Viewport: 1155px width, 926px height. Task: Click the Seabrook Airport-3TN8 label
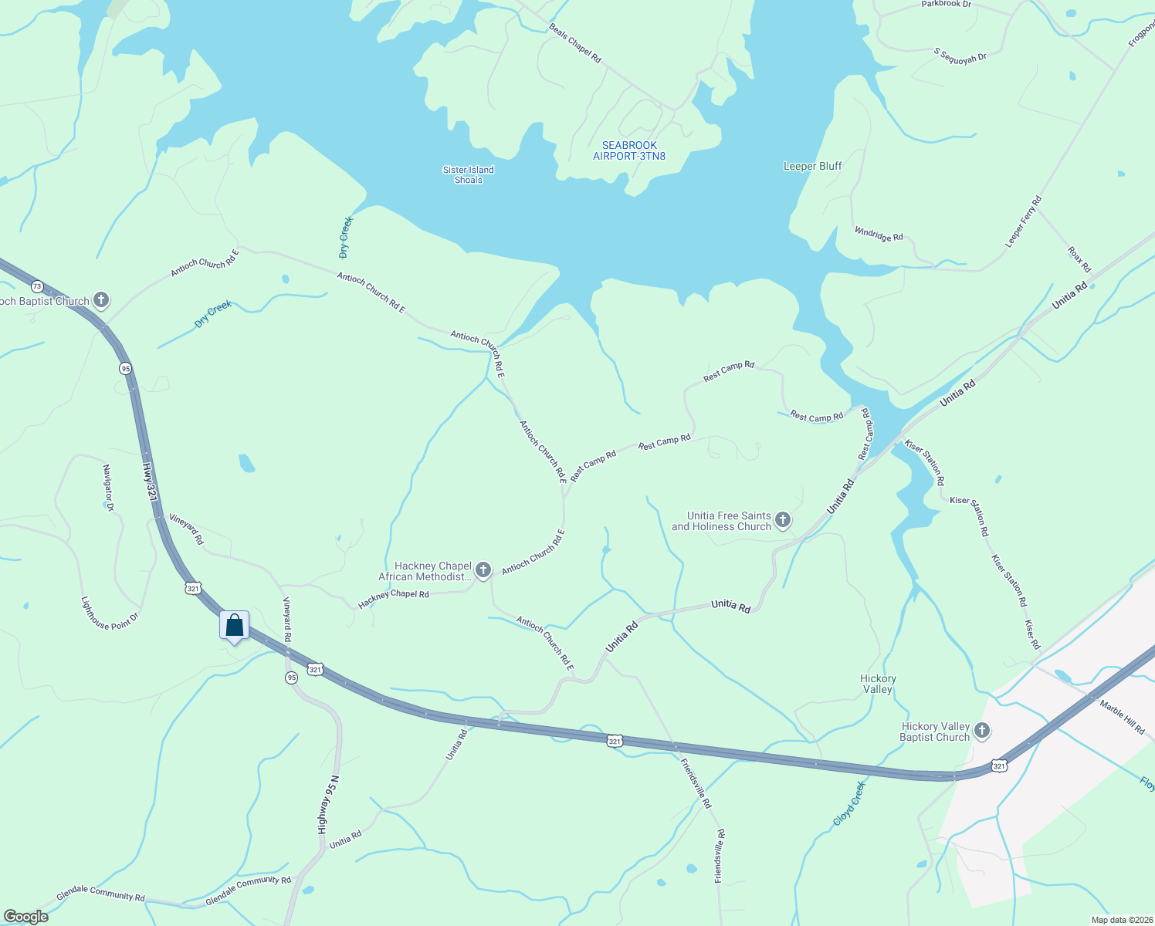[x=629, y=150]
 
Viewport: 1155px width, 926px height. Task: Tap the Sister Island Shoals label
[x=468, y=175]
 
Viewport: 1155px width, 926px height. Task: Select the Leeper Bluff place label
[x=812, y=166]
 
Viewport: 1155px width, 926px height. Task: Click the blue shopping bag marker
[x=234, y=625]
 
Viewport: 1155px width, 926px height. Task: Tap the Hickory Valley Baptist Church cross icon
[x=982, y=731]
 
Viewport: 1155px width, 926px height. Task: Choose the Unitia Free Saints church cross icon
[x=783, y=520]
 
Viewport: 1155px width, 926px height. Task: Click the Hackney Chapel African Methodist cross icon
[x=483, y=570]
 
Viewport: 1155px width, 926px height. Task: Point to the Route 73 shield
[x=37, y=287]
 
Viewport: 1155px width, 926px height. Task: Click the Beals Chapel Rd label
[x=575, y=42]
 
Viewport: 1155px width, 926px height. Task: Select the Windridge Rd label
[x=879, y=235]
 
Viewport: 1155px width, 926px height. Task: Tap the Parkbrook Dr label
[x=946, y=5]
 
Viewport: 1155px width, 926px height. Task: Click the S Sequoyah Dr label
[x=960, y=56]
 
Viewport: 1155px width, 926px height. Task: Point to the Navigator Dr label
[x=108, y=488]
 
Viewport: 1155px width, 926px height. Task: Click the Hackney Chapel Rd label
[x=394, y=599]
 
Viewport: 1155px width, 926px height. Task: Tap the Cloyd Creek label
[x=849, y=803]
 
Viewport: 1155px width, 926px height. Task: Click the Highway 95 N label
[x=328, y=804]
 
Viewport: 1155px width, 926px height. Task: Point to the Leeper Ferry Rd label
[x=1023, y=222]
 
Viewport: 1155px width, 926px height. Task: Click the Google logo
[x=26, y=917]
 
